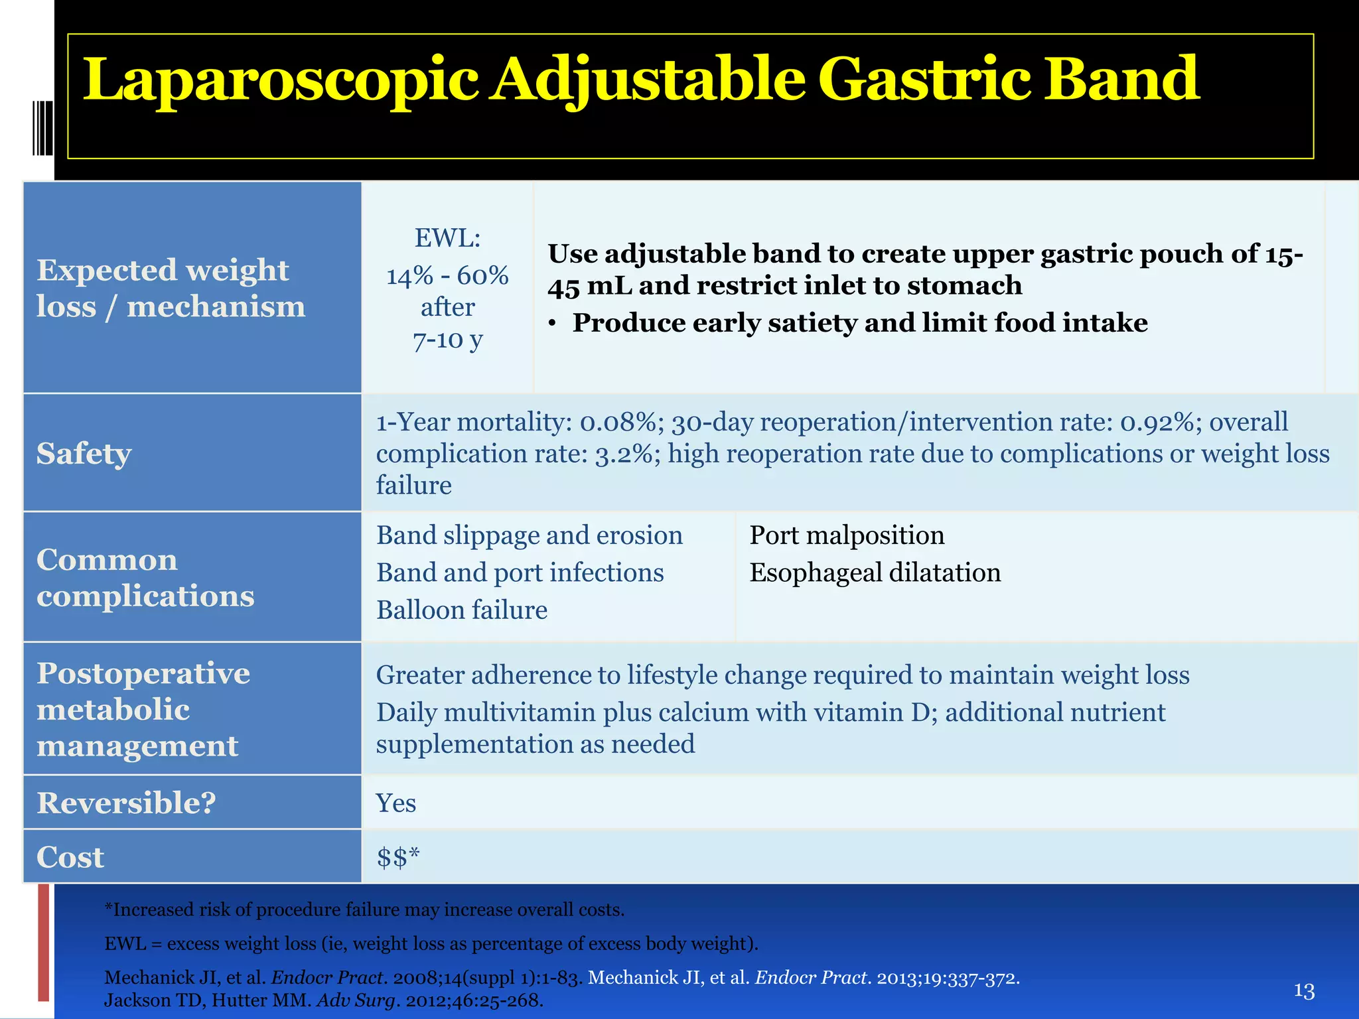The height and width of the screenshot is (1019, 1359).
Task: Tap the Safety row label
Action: click(84, 454)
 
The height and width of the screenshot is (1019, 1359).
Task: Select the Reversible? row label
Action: click(126, 803)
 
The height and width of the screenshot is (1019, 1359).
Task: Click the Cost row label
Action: click(70, 857)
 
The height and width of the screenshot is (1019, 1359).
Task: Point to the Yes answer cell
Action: click(395, 803)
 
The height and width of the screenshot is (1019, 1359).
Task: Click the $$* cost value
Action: click(398, 857)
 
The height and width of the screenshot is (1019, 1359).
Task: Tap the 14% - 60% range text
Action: click(447, 275)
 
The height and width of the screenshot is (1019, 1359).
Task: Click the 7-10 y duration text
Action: click(447, 340)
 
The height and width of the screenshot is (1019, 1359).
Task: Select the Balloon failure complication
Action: click(462, 610)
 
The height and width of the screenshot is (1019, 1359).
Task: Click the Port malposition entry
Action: click(847, 535)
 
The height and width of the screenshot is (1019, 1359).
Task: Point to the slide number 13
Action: click(1304, 991)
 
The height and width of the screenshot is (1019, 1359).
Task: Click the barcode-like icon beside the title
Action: click(42, 127)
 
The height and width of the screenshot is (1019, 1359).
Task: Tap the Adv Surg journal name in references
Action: click(356, 1000)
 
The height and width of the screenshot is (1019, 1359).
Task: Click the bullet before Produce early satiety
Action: click(552, 324)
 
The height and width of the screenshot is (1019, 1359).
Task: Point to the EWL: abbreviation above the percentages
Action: click(447, 238)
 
